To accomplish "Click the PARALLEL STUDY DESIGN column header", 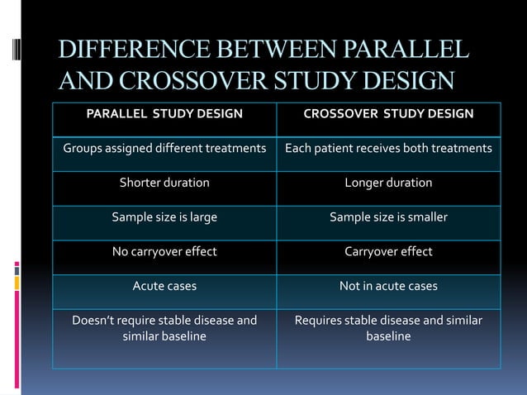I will click(164, 113).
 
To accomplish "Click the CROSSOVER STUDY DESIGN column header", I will click(388, 113).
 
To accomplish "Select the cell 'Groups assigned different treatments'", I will click(164, 149).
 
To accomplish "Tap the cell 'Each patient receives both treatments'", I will click(388, 149).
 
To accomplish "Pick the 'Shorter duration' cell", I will click(164, 183).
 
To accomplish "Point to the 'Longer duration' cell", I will click(388, 183).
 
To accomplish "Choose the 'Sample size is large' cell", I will click(164, 217).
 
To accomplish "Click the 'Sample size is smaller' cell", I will click(388, 217).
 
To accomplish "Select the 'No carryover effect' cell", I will click(164, 252).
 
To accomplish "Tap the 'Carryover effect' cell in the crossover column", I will click(388, 252).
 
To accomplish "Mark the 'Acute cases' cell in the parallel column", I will click(164, 286).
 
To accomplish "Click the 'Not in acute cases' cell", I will click(388, 286).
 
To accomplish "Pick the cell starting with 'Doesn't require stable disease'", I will click(164, 328).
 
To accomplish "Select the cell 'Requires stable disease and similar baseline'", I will click(388, 328).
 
